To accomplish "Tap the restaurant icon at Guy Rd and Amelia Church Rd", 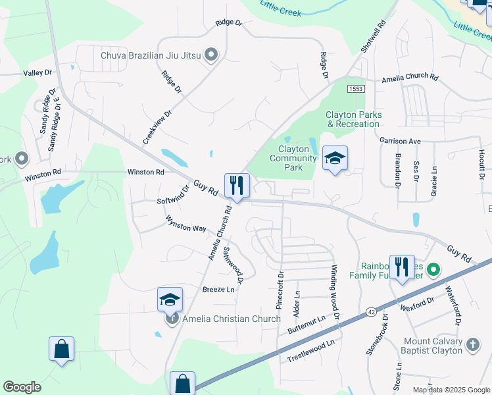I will pos(237,185).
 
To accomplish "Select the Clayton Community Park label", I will pos(293,158).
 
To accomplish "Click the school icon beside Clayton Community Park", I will pos(335,158).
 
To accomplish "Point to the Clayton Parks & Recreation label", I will pos(354,119).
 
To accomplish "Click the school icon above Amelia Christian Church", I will pos(170,300).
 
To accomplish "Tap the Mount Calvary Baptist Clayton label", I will pos(433,346).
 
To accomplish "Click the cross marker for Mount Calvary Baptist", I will pos(472,344).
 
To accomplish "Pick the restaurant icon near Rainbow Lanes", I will pos(402,267).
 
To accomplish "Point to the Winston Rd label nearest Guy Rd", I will pos(145,172).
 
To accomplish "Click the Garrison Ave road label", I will pos(399,141).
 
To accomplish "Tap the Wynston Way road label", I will pos(185,224).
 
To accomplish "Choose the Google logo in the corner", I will pos(22,387).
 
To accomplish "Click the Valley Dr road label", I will pos(37,72).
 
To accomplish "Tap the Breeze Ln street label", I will pos(218,290).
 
